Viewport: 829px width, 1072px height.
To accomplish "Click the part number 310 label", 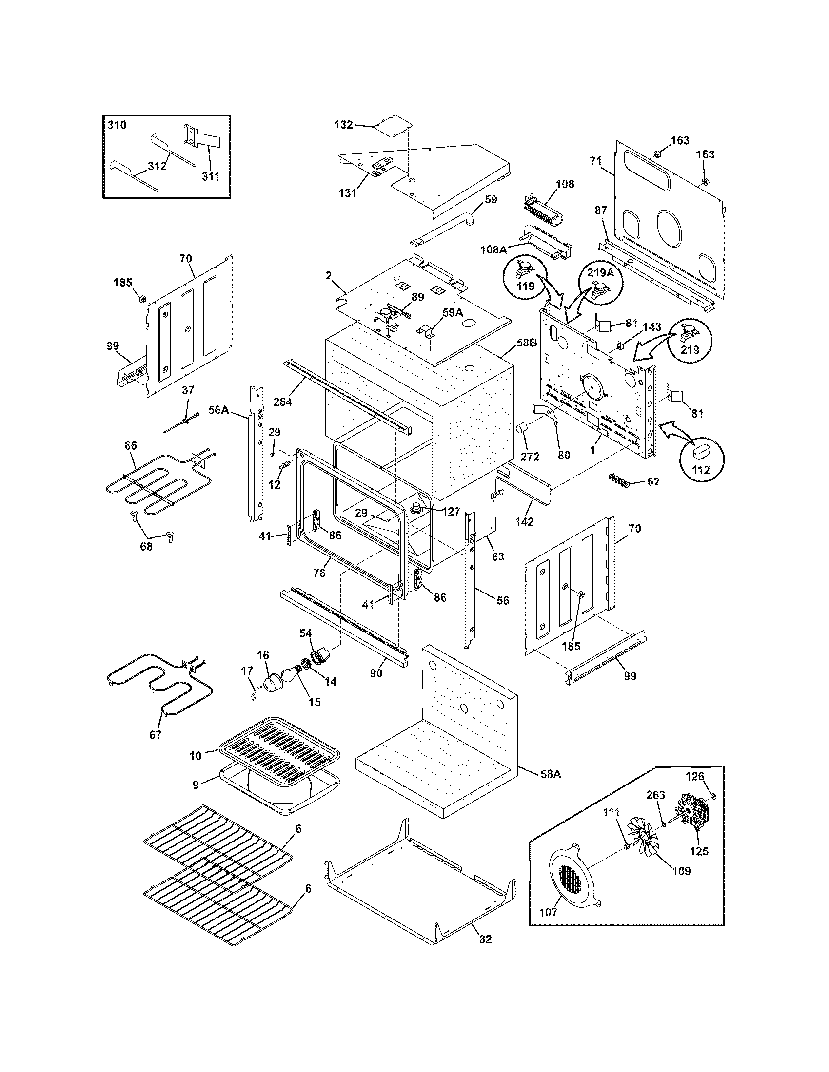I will click(x=117, y=125).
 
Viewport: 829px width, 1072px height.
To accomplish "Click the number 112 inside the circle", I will click(x=701, y=469).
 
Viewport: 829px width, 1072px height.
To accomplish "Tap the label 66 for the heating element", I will click(x=131, y=446).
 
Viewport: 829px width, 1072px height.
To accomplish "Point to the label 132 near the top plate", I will click(x=343, y=125).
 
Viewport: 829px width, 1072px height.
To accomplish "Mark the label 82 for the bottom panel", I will click(x=485, y=939).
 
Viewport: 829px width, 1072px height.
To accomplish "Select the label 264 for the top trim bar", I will click(x=282, y=402).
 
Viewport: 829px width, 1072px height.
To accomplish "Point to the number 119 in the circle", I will click(x=525, y=286).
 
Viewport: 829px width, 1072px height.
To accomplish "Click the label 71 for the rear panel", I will click(x=596, y=160).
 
